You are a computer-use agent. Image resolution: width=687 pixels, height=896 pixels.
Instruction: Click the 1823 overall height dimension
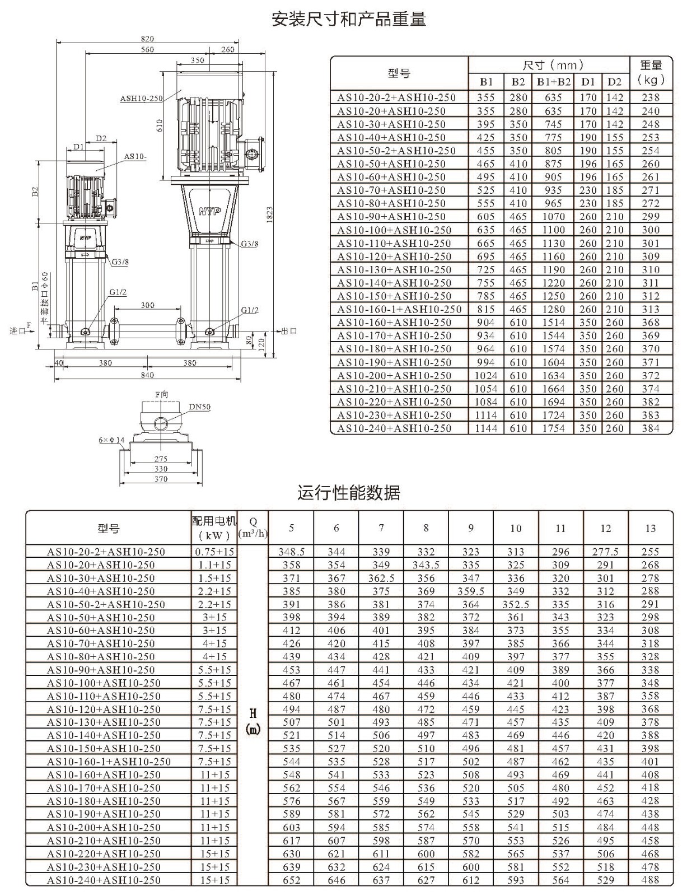tap(270, 214)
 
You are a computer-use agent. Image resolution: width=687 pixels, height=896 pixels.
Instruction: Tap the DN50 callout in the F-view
tap(200, 407)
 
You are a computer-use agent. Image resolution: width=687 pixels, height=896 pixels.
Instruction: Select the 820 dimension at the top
tap(147, 38)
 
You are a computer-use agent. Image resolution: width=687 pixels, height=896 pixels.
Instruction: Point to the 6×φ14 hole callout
tap(111, 440)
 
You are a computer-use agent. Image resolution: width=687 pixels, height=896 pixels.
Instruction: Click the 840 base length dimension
tap(147, 375)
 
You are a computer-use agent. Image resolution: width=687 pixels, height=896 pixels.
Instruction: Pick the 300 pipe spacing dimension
tap(148, 305)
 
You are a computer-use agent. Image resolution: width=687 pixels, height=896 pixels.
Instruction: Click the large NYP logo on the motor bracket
tap(210, 212)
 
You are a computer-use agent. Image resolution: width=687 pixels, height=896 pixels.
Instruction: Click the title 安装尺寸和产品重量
tap(349, 20)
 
